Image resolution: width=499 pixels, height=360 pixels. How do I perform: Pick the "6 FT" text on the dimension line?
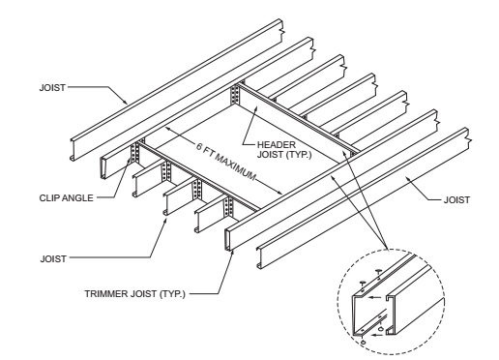point(204,148)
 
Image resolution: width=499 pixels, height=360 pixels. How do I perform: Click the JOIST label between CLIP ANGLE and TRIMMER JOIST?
point(53,258)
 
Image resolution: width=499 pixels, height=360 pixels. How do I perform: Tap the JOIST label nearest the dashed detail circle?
point(456,200)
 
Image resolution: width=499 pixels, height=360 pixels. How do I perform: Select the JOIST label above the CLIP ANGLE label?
point(52,88)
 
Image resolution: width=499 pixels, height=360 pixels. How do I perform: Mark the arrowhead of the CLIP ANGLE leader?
point(129,161)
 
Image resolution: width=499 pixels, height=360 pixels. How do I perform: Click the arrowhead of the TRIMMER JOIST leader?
point(232,253)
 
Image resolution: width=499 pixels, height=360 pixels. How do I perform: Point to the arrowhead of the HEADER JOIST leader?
point(256,109)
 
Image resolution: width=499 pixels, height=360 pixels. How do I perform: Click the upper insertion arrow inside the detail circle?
point(373,297)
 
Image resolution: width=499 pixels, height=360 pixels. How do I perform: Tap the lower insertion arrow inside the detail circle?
point(375,335)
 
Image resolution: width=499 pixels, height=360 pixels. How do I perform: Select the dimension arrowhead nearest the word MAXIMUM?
point(279,193)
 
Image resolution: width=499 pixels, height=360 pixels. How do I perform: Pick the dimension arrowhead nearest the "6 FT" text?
point(168,129)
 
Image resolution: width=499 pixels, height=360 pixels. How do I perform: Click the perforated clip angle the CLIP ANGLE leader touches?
point(134,153)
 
